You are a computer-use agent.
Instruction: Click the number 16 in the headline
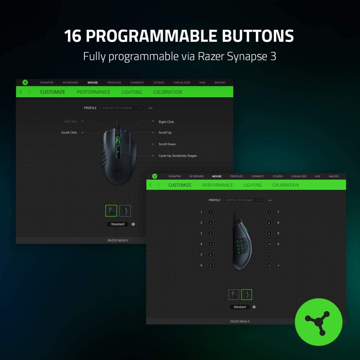click(73, 36)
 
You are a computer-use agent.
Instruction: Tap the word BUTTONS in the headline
click(258, 36)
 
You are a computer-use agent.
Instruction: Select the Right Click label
click(166, 122)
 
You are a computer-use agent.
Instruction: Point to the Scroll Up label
click(165, 133)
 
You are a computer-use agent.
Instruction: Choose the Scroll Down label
click(167, 144)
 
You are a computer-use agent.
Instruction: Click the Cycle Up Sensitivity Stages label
click(178, 156)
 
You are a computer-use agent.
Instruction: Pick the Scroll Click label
click(69, 133)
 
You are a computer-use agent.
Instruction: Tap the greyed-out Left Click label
click(70, 121)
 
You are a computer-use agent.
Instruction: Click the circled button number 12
click(269, 265)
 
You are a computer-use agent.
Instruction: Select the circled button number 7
click(269, 212)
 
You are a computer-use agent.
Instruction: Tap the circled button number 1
click(211, 212)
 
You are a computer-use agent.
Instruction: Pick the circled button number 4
click(211, 244)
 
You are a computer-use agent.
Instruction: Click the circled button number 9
click(269, 233)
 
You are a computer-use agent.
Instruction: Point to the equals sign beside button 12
click(278, 265)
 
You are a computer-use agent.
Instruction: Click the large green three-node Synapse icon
click(319, 322)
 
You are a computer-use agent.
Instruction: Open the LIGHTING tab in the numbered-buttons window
click(253, 185)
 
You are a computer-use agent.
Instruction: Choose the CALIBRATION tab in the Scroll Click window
click(168, 92)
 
